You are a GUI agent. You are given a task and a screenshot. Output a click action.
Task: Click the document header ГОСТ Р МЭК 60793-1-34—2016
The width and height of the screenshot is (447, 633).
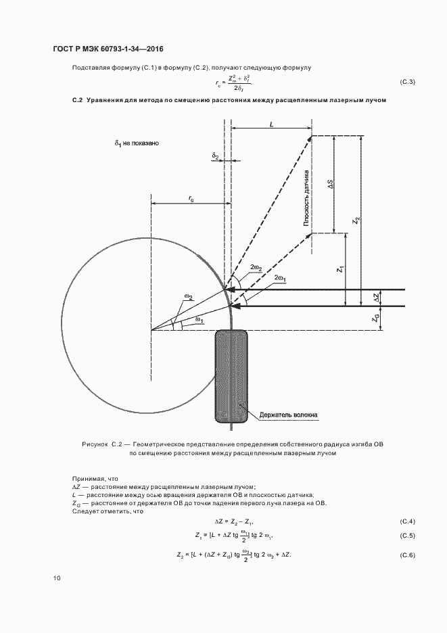pos(109,49)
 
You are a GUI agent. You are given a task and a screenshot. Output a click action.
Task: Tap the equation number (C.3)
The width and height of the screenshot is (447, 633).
pos(408,83)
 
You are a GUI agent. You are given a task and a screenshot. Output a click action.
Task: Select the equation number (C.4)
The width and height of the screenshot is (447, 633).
pos(408,521)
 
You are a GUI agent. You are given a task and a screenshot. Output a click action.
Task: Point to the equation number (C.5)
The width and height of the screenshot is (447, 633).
pos(408,536)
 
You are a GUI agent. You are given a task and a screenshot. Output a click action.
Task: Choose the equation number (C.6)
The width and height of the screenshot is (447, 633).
pos(408,555)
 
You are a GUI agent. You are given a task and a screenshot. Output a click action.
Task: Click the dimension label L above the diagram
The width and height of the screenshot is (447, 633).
pos(271,124)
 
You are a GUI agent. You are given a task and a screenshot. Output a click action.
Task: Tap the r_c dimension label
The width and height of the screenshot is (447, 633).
pos(192,198)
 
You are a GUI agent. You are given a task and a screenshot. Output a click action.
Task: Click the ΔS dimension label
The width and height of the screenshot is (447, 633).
pos(331,185)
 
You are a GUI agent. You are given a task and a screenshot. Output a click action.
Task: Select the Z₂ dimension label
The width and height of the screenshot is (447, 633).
pos(357,220)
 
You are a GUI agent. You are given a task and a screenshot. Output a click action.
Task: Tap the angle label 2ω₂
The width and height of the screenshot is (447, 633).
pos(257,268)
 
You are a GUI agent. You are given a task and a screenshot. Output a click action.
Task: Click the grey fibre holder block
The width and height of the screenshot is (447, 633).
pos(231,375)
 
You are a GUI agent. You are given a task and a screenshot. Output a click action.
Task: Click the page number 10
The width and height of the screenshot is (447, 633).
pos(57,578)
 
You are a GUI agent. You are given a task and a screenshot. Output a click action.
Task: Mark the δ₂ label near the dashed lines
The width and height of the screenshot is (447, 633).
pos(215,156)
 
